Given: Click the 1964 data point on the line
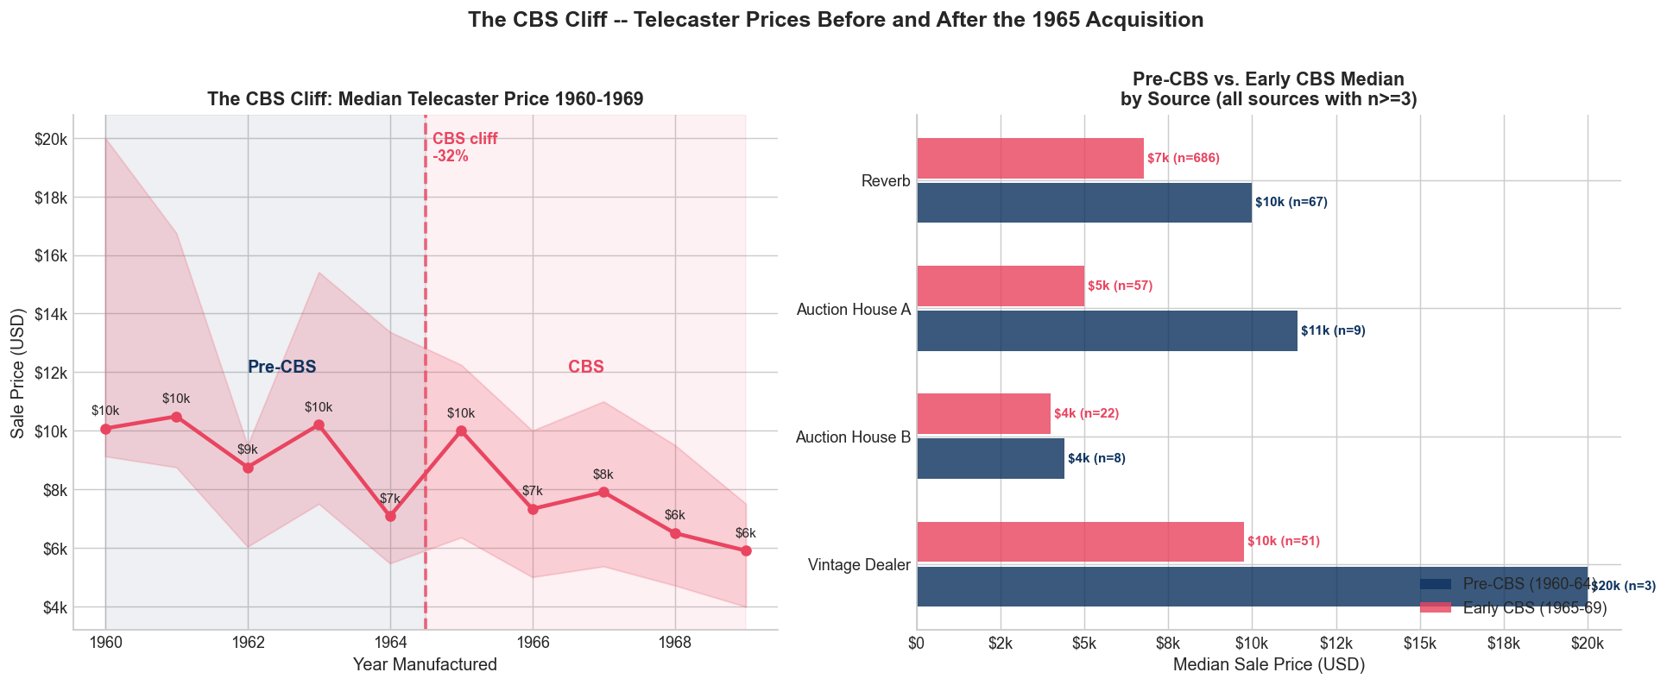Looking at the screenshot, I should [x=390, y=516].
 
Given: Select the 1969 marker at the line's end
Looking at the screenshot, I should [x=746, y=550].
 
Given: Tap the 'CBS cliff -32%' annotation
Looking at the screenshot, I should [x=464, y=148].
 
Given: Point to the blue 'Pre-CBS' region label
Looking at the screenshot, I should [x=281, y=367].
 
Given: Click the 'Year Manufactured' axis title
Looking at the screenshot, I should [x=425, y=664].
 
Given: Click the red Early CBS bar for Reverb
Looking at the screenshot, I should [x=1029, y=159].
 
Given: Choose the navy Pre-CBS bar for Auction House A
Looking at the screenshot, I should [x=1106, y=330].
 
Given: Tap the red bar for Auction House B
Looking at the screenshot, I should [x=983, y=414].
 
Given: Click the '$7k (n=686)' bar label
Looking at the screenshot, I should [x=1183, y=159].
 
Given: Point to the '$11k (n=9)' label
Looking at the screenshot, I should [x=1333, y=330].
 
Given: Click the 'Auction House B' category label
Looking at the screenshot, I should [x=852, y=437].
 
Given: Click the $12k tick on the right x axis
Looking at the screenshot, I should [x=1335, y=643].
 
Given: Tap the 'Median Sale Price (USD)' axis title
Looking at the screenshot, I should [x=1268, y=664].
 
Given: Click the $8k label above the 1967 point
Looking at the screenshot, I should [x=603, y=474].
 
